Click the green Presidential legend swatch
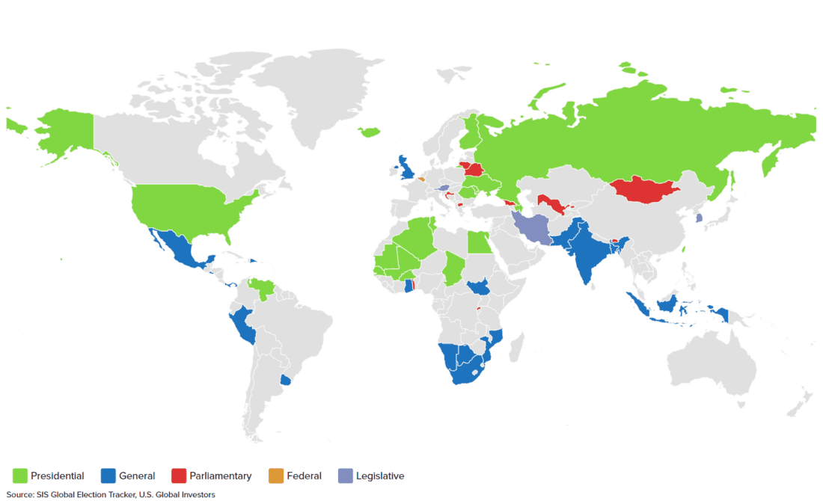(x=20, y=476)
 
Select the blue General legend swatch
(x=108, y=476)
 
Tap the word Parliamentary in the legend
(x=221, y=476)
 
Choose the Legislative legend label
(x=380, y=476)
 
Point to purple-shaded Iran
(x=533, y=228)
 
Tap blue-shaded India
(x=584, y=254)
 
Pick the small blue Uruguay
(x=285, y=380)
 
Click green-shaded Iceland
(x=369, y=132)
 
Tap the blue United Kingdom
(x=407, y=167)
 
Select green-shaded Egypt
(x=479, y=243)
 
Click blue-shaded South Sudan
(x=477, y=287)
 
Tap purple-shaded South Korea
(x=700, y=218)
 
